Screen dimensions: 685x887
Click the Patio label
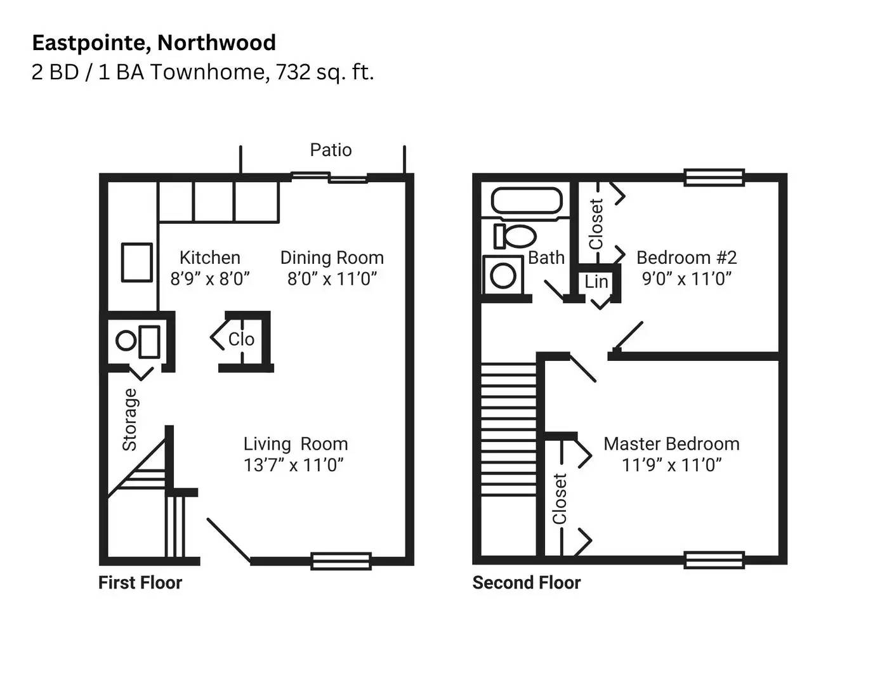point(331,150)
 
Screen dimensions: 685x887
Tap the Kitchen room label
point(209,258)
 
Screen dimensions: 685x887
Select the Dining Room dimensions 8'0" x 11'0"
point(332,278)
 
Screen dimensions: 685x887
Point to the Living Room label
point(295,444)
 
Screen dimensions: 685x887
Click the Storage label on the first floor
point(129,419)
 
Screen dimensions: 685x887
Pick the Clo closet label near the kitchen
point(241,339)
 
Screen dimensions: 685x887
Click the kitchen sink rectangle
point(137,262)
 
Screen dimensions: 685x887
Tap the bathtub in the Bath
point(527,201)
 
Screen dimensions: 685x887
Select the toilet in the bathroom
point(515,236)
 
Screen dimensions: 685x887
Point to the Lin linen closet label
point(596,282)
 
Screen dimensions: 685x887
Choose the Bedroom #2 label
point(687,258)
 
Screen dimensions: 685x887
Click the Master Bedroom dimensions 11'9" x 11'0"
point(672,465)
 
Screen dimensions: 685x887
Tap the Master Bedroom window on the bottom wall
point(714,560)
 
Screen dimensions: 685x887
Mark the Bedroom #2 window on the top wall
point(714,177)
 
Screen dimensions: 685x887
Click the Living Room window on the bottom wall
point(341,561)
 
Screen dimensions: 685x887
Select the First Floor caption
point(140,583)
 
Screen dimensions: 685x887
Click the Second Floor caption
point(527,583)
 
